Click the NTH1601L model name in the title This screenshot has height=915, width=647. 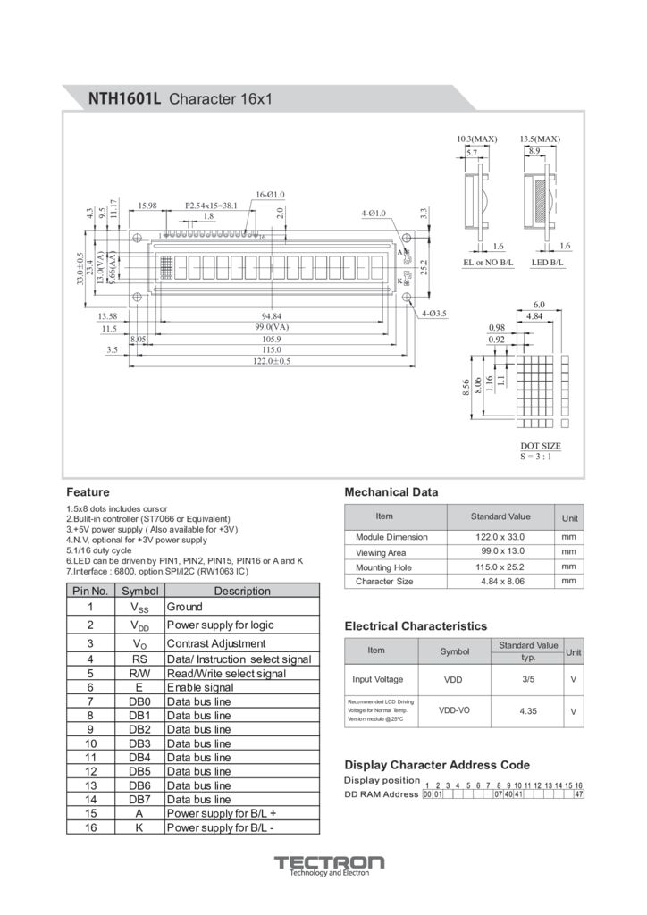pyautogui.click(x=124, y=98)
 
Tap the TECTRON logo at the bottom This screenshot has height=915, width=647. pyautogui.click(x=329, y=863)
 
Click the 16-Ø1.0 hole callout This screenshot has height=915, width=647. pyautogui.click(x=270, y=195)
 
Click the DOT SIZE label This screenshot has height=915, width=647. pyautogui.click(x=541, y=445)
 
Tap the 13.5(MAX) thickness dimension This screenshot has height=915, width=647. pyautogui.click(x=540, y=139)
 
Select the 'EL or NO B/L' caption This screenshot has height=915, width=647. pyautogui.click(x=488, y=263)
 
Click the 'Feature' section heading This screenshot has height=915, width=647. pyautogui.click(x=88, y=492)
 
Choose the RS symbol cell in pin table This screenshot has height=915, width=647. pyautogui.click(x=139, y=659)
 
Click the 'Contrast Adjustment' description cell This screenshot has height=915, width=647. pyautogui.click(x=216, y=643)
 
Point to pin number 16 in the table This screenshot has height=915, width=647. pyautogui.click(x=90, y=827)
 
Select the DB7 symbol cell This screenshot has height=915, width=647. pyautogui.click(x=139, y=799)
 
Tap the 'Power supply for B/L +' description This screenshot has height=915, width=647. pyautogui.click(x=222, y=813)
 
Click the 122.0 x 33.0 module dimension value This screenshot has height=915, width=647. pyautogui.click(x=500, y=537)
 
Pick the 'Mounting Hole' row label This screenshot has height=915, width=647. pyautogui.click(x=383, y=567)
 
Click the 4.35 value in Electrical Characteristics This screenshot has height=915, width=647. pyautogui.click(x=526, y=710)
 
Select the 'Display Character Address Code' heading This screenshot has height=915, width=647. pyautogui.click(x=437, y=765)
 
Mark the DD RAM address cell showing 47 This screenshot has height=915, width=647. pyautogui.click(x=579, y=794)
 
